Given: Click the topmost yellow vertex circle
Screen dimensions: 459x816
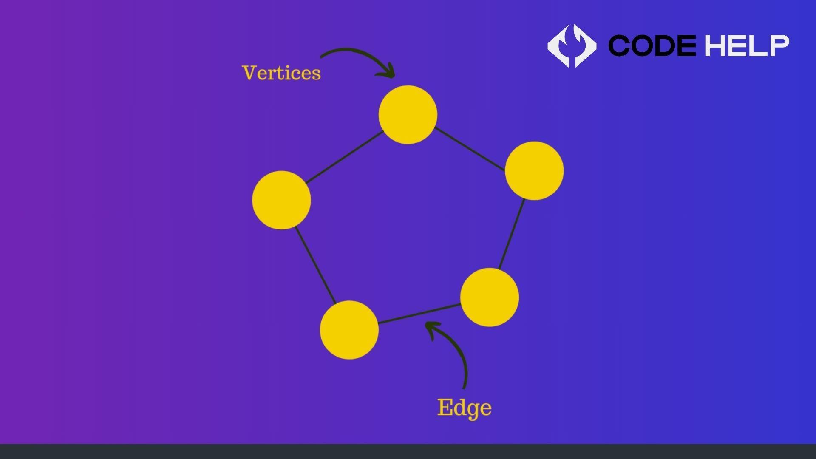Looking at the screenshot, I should (408, 115).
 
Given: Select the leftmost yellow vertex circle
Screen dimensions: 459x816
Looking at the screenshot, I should (281, 200).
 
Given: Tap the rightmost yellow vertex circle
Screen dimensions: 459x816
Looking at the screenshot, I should (534, 171).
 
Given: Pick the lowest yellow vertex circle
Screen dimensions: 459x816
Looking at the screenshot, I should (349, 330).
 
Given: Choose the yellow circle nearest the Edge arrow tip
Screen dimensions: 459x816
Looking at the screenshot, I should (489, 297).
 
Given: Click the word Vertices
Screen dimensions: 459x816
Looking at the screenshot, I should (281, 73).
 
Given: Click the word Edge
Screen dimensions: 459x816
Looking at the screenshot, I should (464, 408).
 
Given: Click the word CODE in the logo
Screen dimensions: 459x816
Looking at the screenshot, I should (652, 45).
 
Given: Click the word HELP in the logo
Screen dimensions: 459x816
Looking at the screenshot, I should (747, 45).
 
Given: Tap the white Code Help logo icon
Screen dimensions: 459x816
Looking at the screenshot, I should (572, 45).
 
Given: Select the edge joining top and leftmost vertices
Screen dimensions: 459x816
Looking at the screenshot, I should (345, 157).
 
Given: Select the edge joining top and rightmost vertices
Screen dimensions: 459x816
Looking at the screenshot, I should (470, 149).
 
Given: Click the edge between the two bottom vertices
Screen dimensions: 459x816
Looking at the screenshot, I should (419, 314).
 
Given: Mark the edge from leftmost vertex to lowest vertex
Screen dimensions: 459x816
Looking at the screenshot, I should (315, 265).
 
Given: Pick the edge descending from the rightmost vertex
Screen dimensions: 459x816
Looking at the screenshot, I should (512, 234).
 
